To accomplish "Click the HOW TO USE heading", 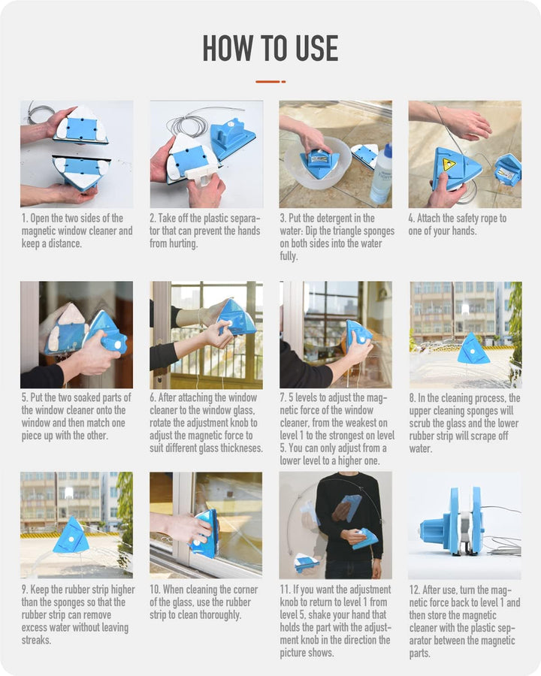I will [x=270, y=49].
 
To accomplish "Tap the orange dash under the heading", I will [x=270, y=81].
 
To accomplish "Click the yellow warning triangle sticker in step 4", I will [x=449, y=164].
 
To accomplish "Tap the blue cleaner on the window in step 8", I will [x=473, y=349].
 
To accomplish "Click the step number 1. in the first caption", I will [x=25, y=219].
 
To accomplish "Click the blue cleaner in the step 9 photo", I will [x=71, y=536].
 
